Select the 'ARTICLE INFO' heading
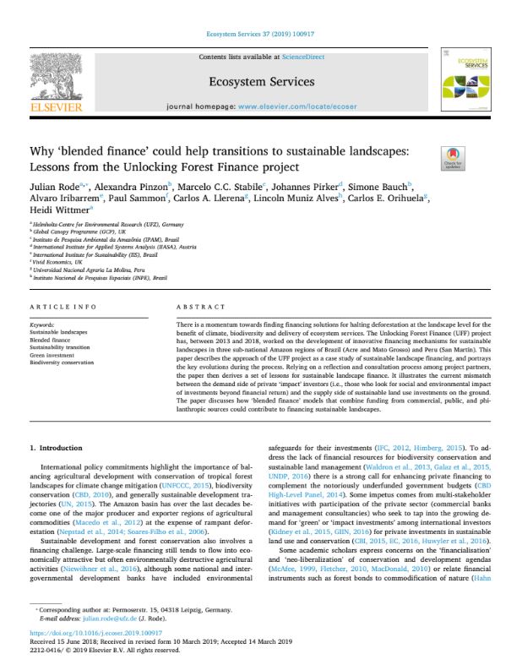pyautogui.click(x=60, y=308)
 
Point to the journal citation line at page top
pyautogui.click(x=260, y=35)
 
